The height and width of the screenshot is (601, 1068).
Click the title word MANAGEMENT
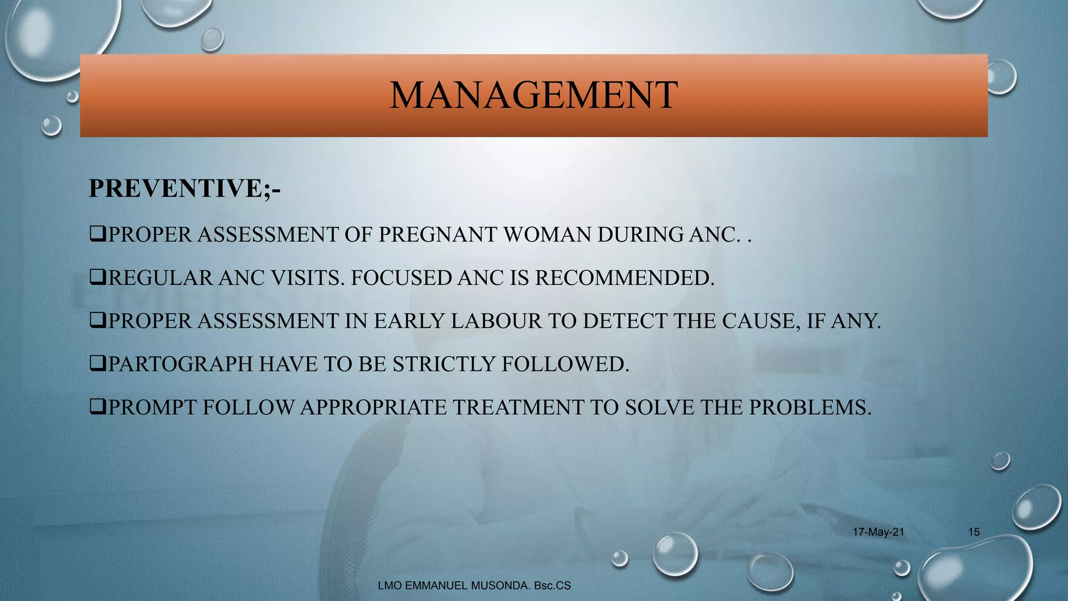533,95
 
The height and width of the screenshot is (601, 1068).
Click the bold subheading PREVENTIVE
176,188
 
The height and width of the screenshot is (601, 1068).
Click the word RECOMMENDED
624,278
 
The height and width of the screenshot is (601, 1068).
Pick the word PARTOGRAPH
180,364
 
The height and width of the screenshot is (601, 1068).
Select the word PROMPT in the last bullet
152,407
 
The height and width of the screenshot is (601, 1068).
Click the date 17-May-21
878,532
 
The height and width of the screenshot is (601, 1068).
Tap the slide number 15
974,532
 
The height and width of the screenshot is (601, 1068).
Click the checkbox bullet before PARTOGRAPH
98,363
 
